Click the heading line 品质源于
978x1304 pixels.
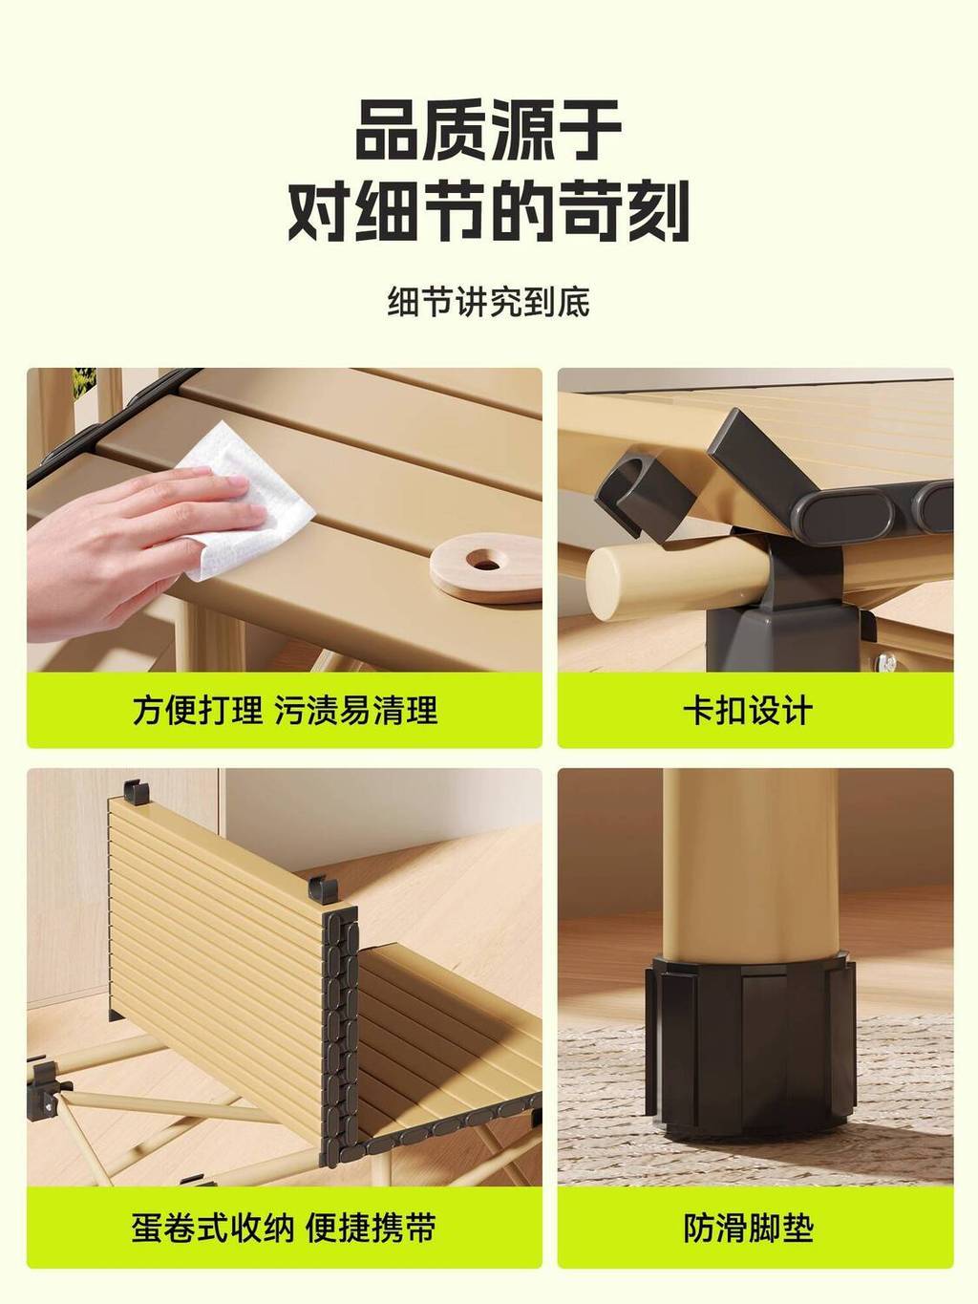click(x=488, y=130)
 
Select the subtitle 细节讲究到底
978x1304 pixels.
click(x=489, y=303)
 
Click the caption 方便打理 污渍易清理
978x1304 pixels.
click(x=285, y=710)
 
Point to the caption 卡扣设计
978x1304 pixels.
click(x=748, y=710)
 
